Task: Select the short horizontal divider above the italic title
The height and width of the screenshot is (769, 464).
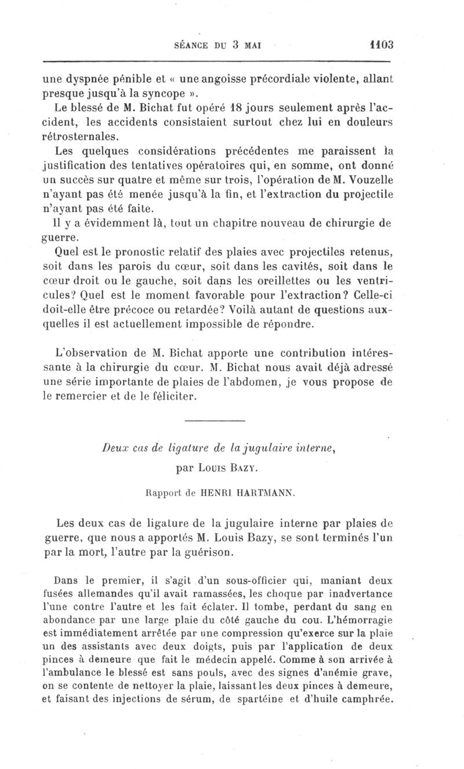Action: point(215,421)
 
